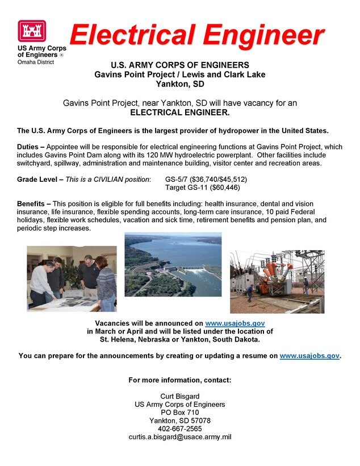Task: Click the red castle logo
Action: tap(31, 32)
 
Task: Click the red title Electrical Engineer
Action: tap(196, 35)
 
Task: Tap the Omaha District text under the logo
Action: tap(36, 61)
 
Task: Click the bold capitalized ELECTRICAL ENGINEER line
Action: tap(180, 113)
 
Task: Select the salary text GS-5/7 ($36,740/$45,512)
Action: tap(206, 179)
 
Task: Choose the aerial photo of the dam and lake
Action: tap(173, 264)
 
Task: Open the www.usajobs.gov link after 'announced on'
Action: tap(235, 323)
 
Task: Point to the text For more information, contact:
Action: tap(180, 380)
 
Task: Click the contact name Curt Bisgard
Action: tap(180, 396)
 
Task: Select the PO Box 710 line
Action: tap(180, 413)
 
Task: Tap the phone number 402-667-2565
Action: tap(180, 428)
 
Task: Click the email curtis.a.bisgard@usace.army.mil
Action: tap(180, 437)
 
